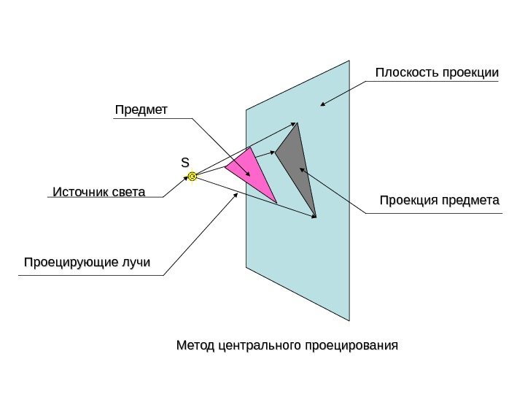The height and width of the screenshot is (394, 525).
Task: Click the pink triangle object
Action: click(251, 173)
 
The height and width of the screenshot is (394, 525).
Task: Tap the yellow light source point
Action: click(192, 177)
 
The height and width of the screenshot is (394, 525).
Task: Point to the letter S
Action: click(185, 161)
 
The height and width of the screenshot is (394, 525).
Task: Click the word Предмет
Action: click(141, 109)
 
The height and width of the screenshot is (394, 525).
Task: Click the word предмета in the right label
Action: click(474, 200)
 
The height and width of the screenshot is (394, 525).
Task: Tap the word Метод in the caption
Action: click(194, 343)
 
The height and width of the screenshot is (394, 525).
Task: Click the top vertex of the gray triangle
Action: click(297, 123)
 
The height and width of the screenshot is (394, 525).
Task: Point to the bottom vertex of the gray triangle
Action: click(316, 217)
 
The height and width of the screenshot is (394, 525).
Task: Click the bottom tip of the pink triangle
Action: click(277, 203)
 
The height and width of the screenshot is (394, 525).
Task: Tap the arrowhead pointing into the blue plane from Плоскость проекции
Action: click(322, 104)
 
